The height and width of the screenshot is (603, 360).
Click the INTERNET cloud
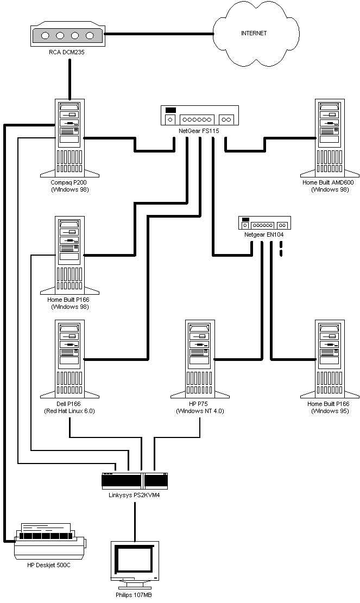(256, 34)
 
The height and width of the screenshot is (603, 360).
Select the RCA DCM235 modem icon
(67, 36)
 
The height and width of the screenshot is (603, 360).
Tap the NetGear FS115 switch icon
(200, 116)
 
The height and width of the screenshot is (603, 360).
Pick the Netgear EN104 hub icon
(264, 223)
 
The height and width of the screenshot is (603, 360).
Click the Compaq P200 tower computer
(70, 138)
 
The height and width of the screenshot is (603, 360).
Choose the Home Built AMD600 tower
(330, 138)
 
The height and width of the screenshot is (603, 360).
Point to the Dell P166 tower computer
(70, 359)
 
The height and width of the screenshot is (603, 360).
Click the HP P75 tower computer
(200, 359)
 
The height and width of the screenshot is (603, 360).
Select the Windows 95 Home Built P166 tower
(330, 359)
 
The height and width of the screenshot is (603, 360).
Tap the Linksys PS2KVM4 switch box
(135, 481)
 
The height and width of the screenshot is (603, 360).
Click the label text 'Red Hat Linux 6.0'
(70, 411)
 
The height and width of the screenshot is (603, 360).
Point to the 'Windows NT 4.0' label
(200, 411)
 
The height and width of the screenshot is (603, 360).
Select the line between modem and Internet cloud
(159, 34)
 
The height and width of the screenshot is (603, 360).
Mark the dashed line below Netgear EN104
(281, 249)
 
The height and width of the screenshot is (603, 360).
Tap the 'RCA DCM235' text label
(67, 52)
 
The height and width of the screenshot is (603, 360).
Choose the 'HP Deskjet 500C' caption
(49, 565)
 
